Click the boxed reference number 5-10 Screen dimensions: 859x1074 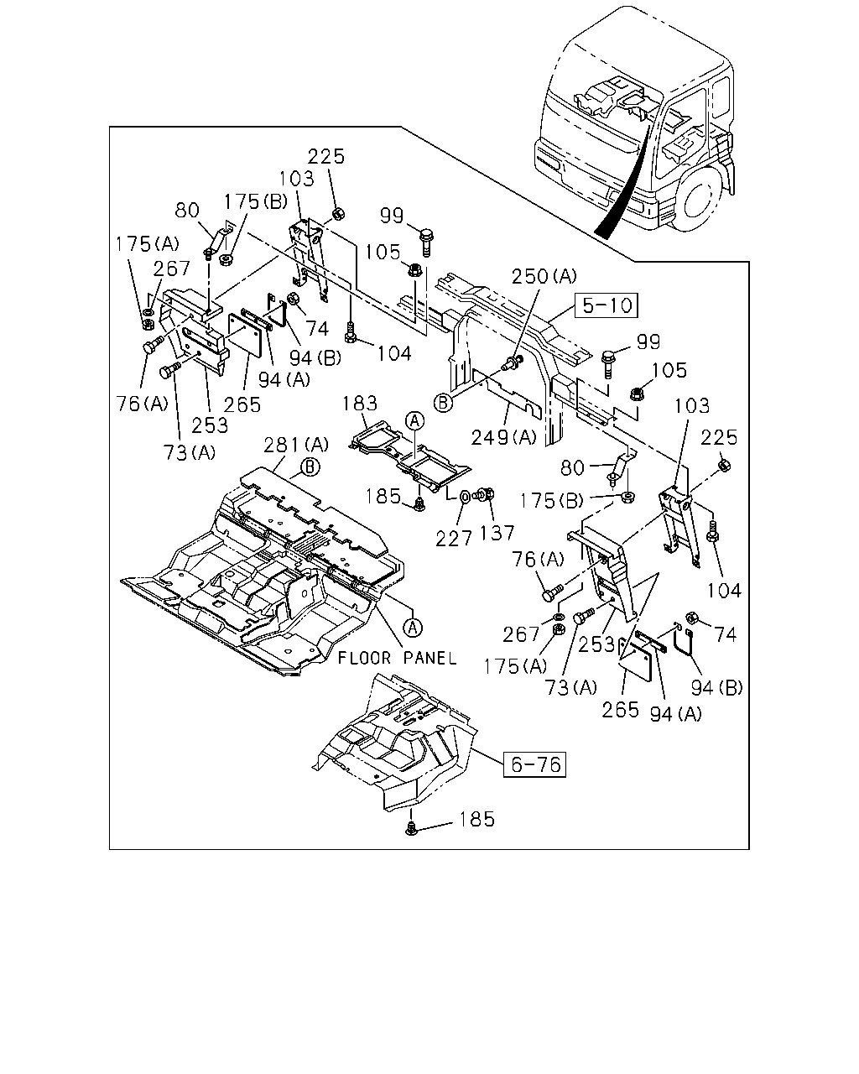point(606,305)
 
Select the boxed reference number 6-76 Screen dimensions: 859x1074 point(534,764)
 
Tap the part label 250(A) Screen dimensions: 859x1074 point(544,276)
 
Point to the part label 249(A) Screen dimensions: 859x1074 point(503,437)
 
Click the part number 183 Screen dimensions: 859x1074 point(359,403)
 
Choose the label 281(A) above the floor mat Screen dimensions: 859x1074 point(296,444)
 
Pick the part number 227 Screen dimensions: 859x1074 point(453,539)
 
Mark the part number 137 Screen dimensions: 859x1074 point(497,533)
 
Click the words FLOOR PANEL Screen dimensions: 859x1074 point(398,659)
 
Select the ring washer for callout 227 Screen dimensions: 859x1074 point(464,497)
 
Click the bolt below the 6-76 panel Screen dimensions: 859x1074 point(411,828)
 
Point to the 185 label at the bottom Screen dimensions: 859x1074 point(476,819)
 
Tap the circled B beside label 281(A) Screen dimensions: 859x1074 point(310,467)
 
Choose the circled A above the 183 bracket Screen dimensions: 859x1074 point(414,420)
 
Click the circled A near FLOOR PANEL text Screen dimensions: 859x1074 point(413,628)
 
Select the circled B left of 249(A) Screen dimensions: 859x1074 point(443,402)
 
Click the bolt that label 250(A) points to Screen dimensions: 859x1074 point(513,361)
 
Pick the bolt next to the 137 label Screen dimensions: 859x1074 point(484,495)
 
